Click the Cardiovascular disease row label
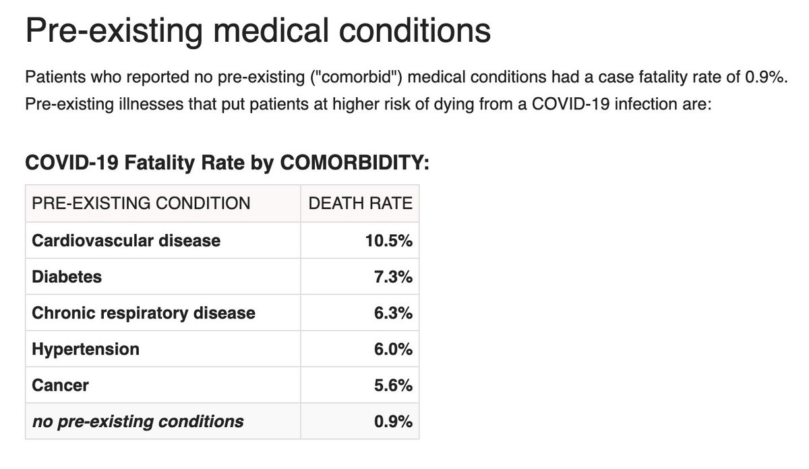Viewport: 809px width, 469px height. [x=126, y=240]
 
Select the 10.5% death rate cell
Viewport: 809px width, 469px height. [x=389, y=240]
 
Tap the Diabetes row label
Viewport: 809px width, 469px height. [x=66, y=277]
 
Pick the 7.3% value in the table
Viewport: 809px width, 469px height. [x=394, y=277]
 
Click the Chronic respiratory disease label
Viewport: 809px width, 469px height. [x=144, y=313]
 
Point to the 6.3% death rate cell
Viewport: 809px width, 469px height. [x=394, y=313]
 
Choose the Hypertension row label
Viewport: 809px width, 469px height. [x=86, y=350]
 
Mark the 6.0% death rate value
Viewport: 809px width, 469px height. [x=394, y=350]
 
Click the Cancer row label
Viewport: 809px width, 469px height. [x=60, y=386]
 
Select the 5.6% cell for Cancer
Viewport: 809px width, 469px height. [x=394, y=386]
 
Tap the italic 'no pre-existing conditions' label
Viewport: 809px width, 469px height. [x=138, y=422]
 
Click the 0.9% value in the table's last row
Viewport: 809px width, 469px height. [x=394, y=422]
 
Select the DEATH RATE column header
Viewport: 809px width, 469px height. [x=360, y=202]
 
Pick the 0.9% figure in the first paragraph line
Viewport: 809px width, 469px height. [x=767, y=78]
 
